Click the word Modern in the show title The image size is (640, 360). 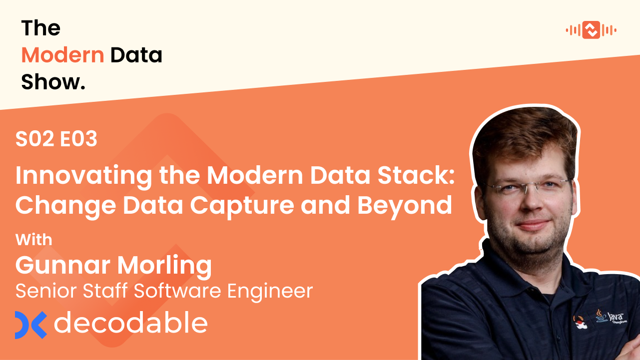click(62, 55)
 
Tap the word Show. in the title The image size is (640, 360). click(53, 82)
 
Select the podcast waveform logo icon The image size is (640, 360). click(591, 30)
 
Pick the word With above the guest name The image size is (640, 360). click(33, 240)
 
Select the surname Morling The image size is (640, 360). click(164, 266)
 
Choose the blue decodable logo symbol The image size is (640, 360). click(30, 325)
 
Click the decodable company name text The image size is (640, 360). click(130, 323)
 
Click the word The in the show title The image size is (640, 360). click(40, 28)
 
